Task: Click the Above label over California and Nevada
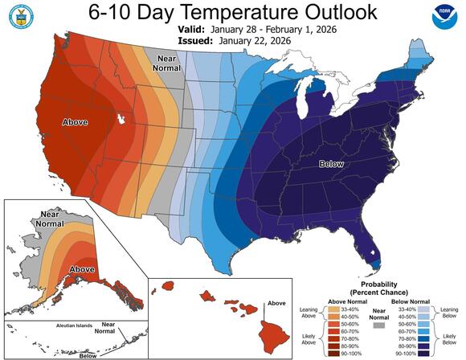tap(75, 123)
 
